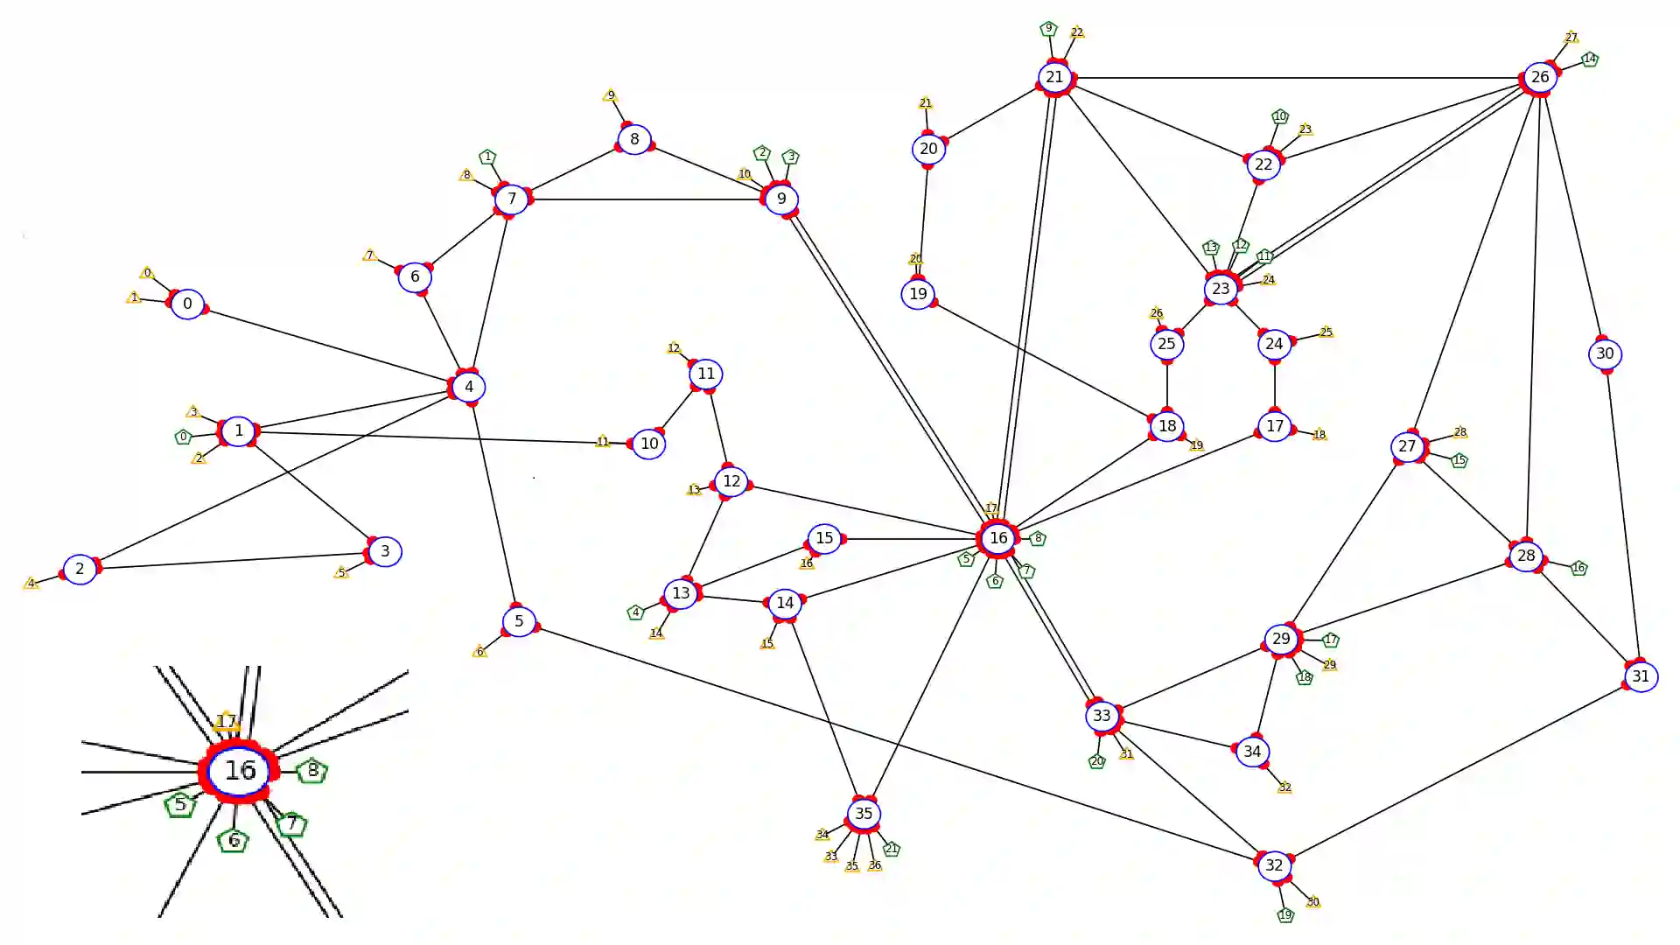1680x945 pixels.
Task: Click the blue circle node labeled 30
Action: click(x=1605, y=354)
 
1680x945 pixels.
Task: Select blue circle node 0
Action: click(x=187, y=304)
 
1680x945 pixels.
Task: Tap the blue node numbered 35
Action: click(x=864, y=814)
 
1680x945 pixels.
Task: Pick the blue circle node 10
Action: click(x=648, y=444)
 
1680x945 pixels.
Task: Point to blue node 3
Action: click(x=385, y=551)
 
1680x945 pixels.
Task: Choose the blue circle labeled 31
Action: click(x=1641, y=676)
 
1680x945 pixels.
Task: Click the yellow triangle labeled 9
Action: click(x=611, y=95)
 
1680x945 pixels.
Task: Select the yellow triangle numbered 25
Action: click(x=1326, y=332)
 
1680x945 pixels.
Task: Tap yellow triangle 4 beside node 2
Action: click(x=31, y=584)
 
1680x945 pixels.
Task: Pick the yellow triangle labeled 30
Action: click(x=1312, y=902)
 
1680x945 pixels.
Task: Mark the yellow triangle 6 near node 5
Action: click(x=479, y=652)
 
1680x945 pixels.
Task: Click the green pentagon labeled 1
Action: click(x=488, y=157)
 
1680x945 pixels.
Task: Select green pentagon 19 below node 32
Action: click(x=1284, y=915)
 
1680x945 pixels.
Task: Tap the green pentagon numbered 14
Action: click(x=1590, y=59)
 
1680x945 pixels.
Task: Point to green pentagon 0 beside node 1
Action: click(x=183, y=437)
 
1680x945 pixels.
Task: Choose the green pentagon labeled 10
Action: click(x=1280, y=116)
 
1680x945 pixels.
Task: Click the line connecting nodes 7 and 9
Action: click(x=647, y=199)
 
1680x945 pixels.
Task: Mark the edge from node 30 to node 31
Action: click(x=1622, y=515)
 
